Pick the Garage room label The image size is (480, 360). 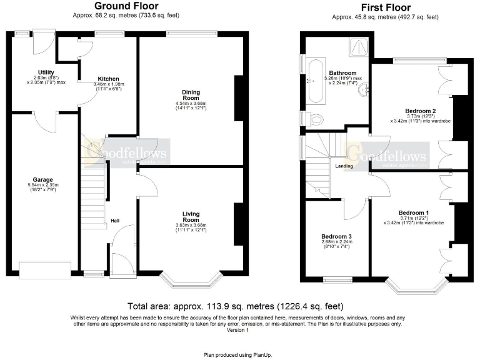click(x=43, y=179)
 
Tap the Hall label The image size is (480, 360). click(x=115, y=221)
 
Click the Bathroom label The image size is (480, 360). click(x=342, y=73)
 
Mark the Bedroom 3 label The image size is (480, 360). click(x=336, y=236)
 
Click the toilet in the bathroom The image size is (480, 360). click(x=315, y=119)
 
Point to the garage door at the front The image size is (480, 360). click(x=45, y=270)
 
